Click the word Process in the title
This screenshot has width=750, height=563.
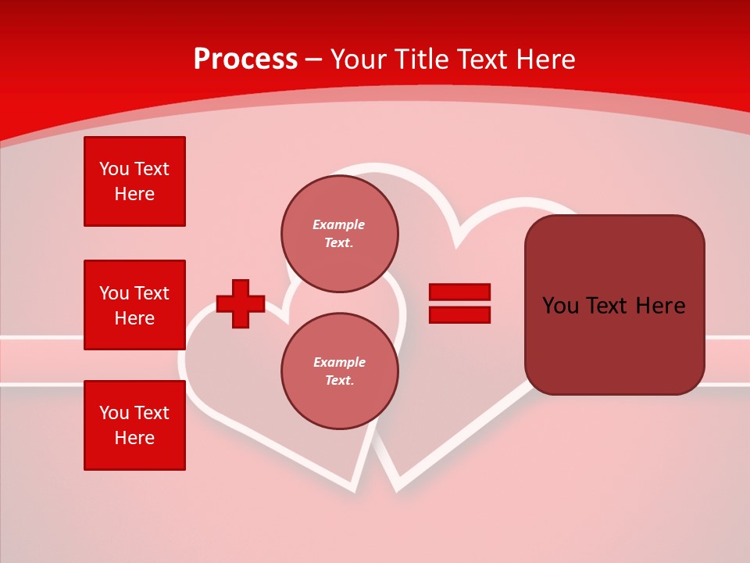click(x=245, y=59)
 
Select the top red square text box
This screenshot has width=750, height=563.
click(x=134, y=181)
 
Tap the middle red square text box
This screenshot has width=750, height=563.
click(x=134, y=305)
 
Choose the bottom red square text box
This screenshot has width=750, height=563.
click(x=134, y=425)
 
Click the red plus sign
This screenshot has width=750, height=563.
click(x=241, y=303)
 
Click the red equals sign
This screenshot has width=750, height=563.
click(x=459, y=303)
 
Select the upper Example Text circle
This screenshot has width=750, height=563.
click(x=339, y=234)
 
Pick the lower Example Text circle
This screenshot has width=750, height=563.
click(x=339, y=371)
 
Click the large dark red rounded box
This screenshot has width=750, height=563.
click(x=614, y=305)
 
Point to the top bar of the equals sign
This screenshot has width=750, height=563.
click(x=459, y=292)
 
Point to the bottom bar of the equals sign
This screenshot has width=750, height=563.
click(x=459, y=314)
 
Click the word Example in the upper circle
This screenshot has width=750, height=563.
click(x=339, y=224)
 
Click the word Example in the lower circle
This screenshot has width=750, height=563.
click(x=339, y=362)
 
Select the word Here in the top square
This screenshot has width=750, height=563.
click(x=134, y=194)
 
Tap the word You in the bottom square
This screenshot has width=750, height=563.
click(x=114, y=413)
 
